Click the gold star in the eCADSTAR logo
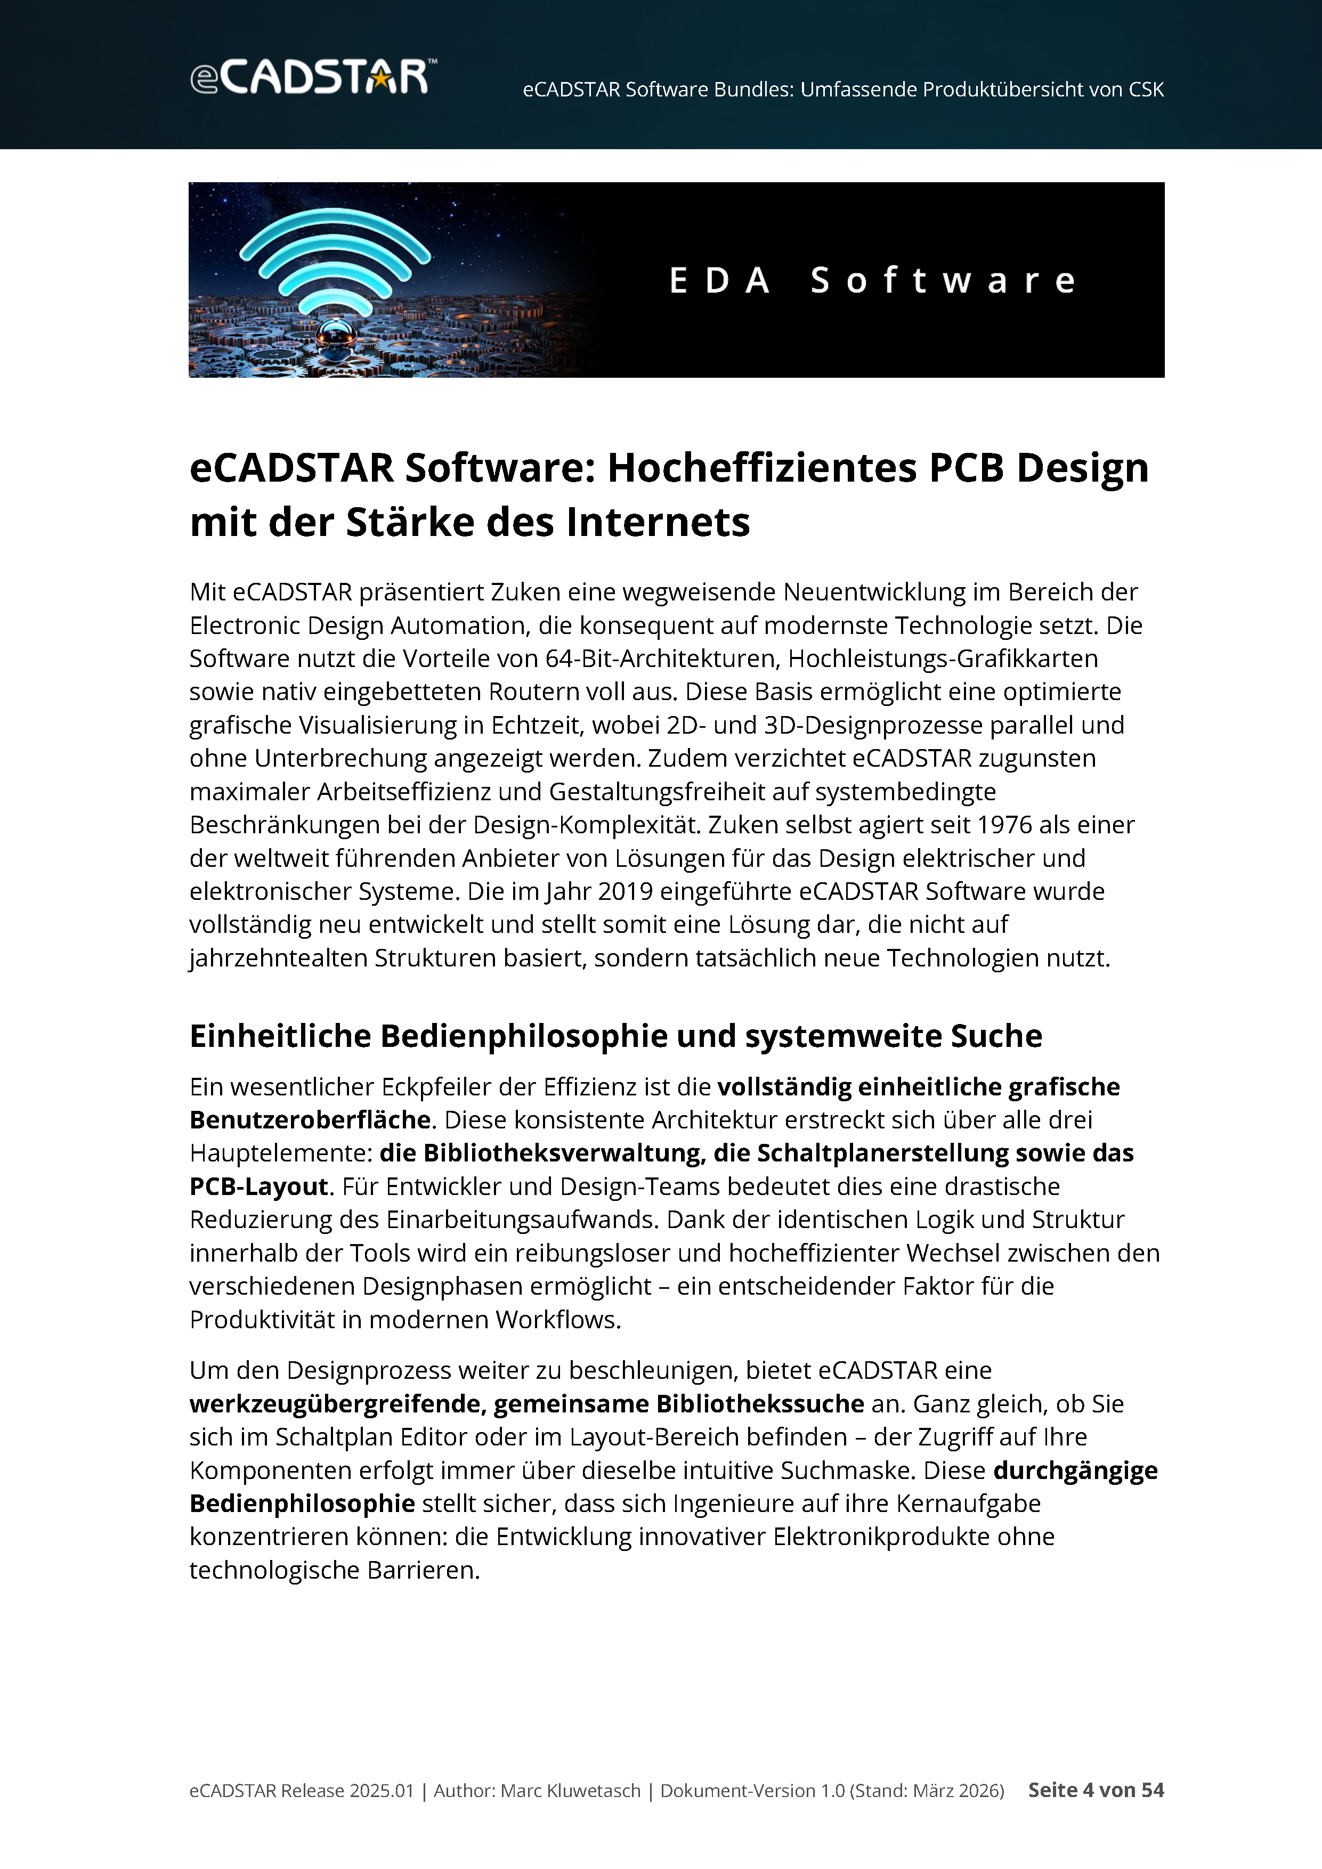(x=380, y=78)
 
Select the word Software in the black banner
(x=943, y=281)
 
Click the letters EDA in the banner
(x=719, y=281)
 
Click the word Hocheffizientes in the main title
(x=763, y=468)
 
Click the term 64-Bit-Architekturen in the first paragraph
(x=659, y=659)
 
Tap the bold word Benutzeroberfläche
(x=310, y=1120)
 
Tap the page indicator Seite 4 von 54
(x=1096, y=1790)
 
